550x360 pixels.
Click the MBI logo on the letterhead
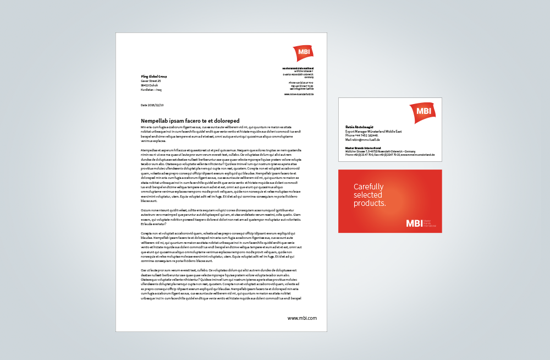(302, 53)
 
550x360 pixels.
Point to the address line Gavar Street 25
(151, 81)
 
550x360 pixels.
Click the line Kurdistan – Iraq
(151, 90)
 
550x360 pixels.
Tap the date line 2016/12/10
(152, 105)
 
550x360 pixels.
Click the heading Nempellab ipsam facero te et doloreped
(190, 121)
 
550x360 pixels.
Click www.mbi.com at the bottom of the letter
(302, 318)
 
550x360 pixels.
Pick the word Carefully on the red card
(369, 187)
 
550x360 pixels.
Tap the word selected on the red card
(366, 195)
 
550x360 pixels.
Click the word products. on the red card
(370, 203)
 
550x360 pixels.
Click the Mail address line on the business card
(362, 140)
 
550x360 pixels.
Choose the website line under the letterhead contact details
(299, 94)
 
